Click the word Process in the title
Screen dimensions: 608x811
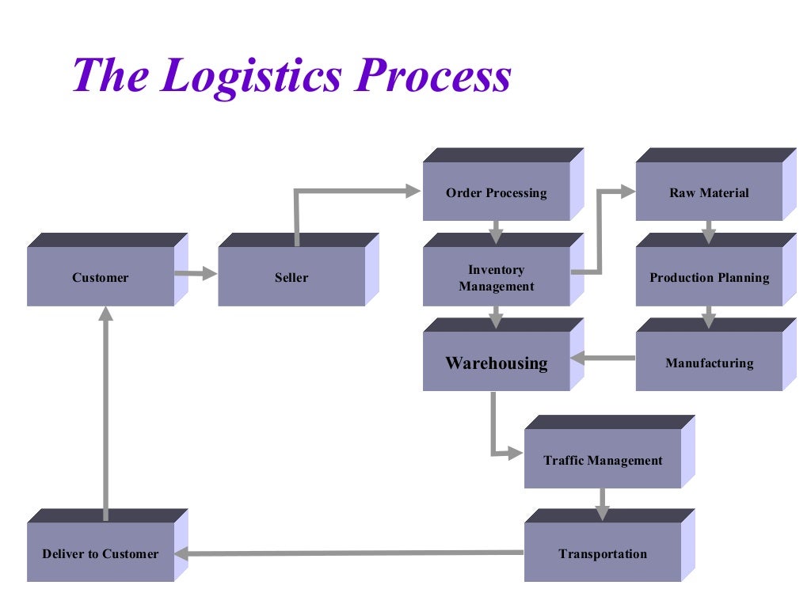click(x=432, y=77)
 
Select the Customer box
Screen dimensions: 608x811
click(x=101, y=277)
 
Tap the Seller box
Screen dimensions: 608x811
click(x=291, y=277)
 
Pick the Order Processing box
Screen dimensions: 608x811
click(x=497, y=192)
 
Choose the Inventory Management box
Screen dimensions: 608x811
click(x=497, y=278)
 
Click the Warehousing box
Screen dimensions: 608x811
click(x=497, y=363)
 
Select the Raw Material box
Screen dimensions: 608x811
click(x=709, y=192)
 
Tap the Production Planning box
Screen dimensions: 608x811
click(x=709, y=277)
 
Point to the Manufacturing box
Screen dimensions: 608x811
click(x=709, y=363)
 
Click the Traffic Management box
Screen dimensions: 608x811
click(x=603, y=460)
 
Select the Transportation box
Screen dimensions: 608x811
click(x=603, y=553)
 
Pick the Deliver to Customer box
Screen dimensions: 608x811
click(x=101, y=553)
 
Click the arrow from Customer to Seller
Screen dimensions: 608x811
click(x=196, y=274)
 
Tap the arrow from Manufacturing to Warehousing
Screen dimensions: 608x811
click(x=603, y=359)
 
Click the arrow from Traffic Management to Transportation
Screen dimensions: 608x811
click(x=603, y=503)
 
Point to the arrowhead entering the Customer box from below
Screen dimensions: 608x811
click(x=106, y=313)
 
